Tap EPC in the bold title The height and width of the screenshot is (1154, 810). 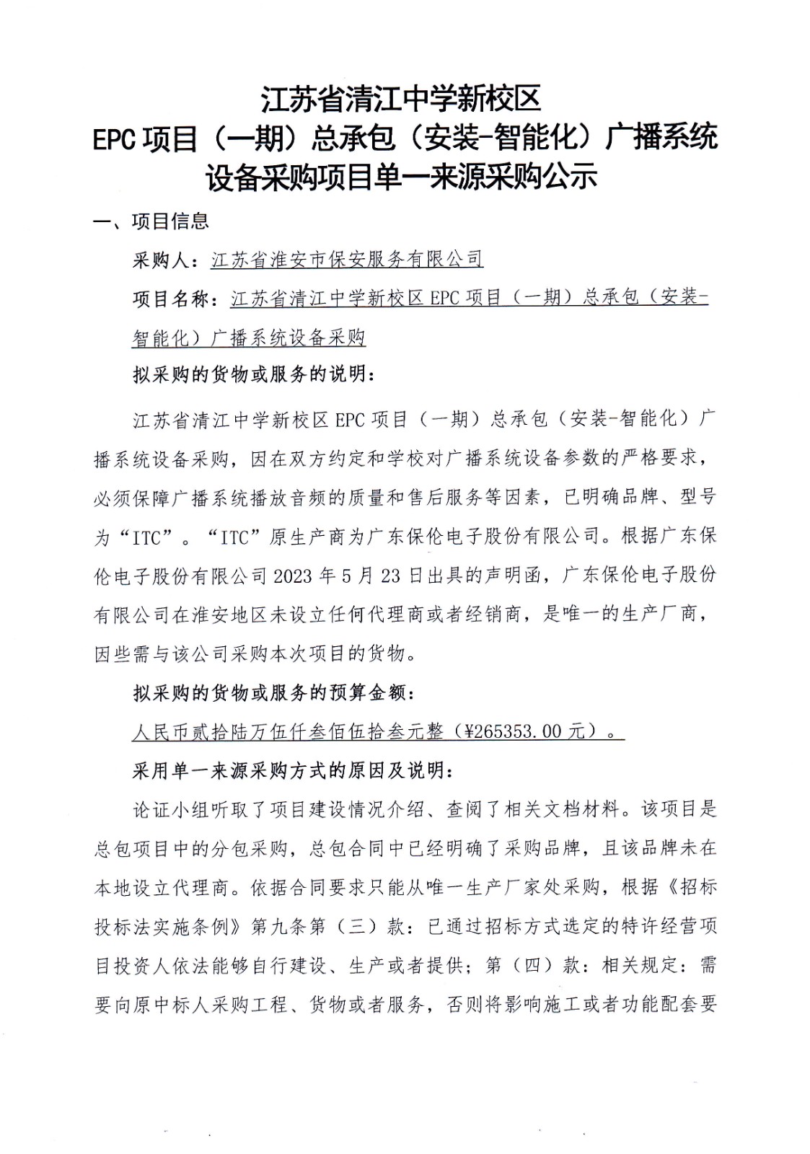[x=115, y=138]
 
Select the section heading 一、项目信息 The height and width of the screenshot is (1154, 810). [x=151, y=221]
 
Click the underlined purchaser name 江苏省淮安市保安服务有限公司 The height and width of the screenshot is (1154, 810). [x=347, y=260]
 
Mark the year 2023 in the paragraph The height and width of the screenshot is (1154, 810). [x=291, y=576]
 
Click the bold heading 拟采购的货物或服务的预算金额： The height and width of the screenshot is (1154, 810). [x=273, y=694]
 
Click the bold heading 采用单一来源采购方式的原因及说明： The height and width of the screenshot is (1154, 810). [x=293, y=771]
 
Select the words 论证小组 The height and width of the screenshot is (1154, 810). [x=172, y=810]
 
